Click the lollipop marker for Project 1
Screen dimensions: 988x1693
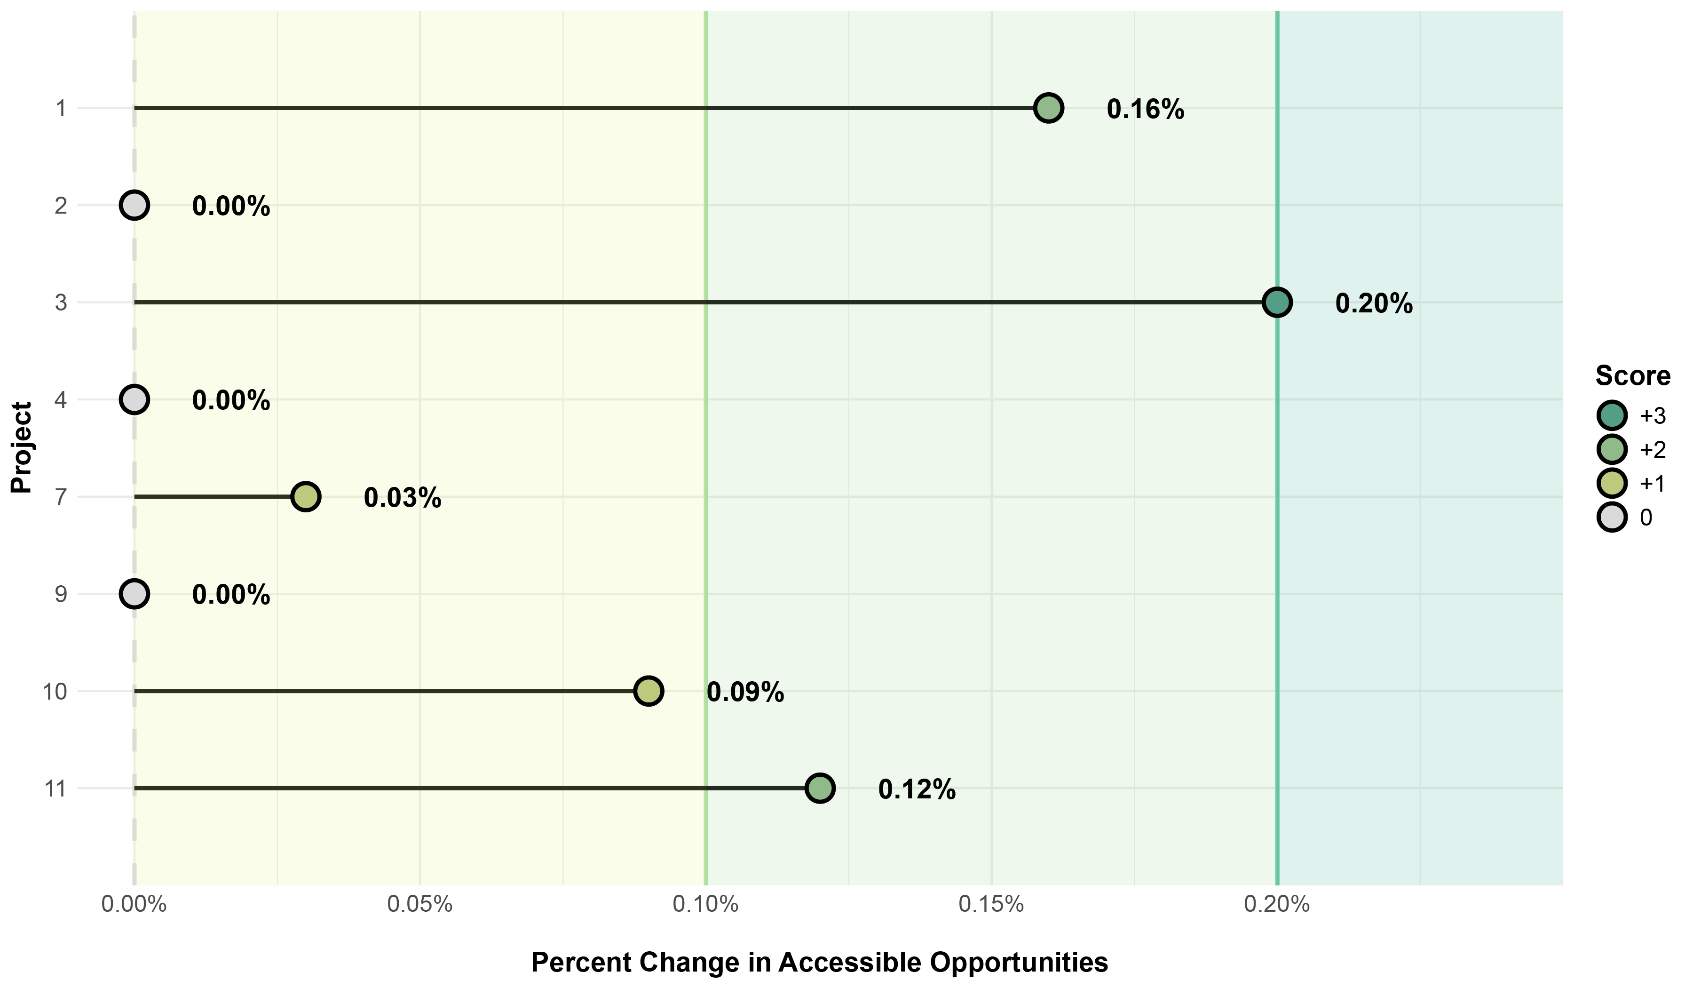tap(1048, 108)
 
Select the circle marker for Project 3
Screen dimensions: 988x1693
tap(1276, 303)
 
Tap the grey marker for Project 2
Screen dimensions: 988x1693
tap(134, 205)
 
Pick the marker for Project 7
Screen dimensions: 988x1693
tap(306, 497)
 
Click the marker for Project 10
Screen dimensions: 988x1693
tap(649, 691)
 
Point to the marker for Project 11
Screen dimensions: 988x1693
tap(820, 788)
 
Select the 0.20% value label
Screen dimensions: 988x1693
tap(1374, 304)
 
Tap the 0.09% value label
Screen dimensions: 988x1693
tap(745, 692)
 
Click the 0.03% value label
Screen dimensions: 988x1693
tap(403, 499)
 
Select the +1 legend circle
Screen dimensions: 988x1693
tap(1613, 483)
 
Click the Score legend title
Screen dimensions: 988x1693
tap(1632, 376)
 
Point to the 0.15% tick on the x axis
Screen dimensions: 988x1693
tap(991, 905)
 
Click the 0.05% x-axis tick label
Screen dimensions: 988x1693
tap(420, 905)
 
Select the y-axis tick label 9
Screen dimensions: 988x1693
tap(61, 595)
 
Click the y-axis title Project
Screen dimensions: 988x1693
tap(22, 447)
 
